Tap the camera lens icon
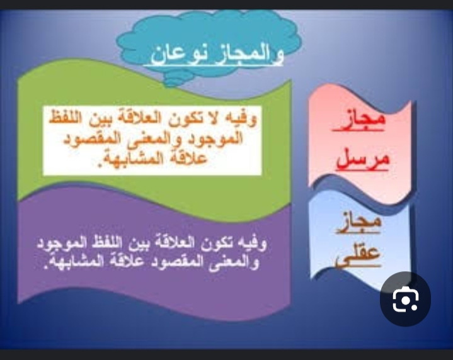click(405, 299)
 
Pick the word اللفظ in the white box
click(66, 118)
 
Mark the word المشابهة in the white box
click(128, 159)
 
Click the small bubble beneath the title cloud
click(173, 82)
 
